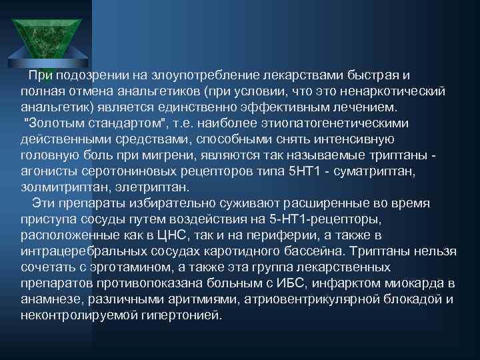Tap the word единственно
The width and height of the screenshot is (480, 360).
click(x=226, y=107)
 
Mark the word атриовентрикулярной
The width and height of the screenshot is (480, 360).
click(x=293, y=299)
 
